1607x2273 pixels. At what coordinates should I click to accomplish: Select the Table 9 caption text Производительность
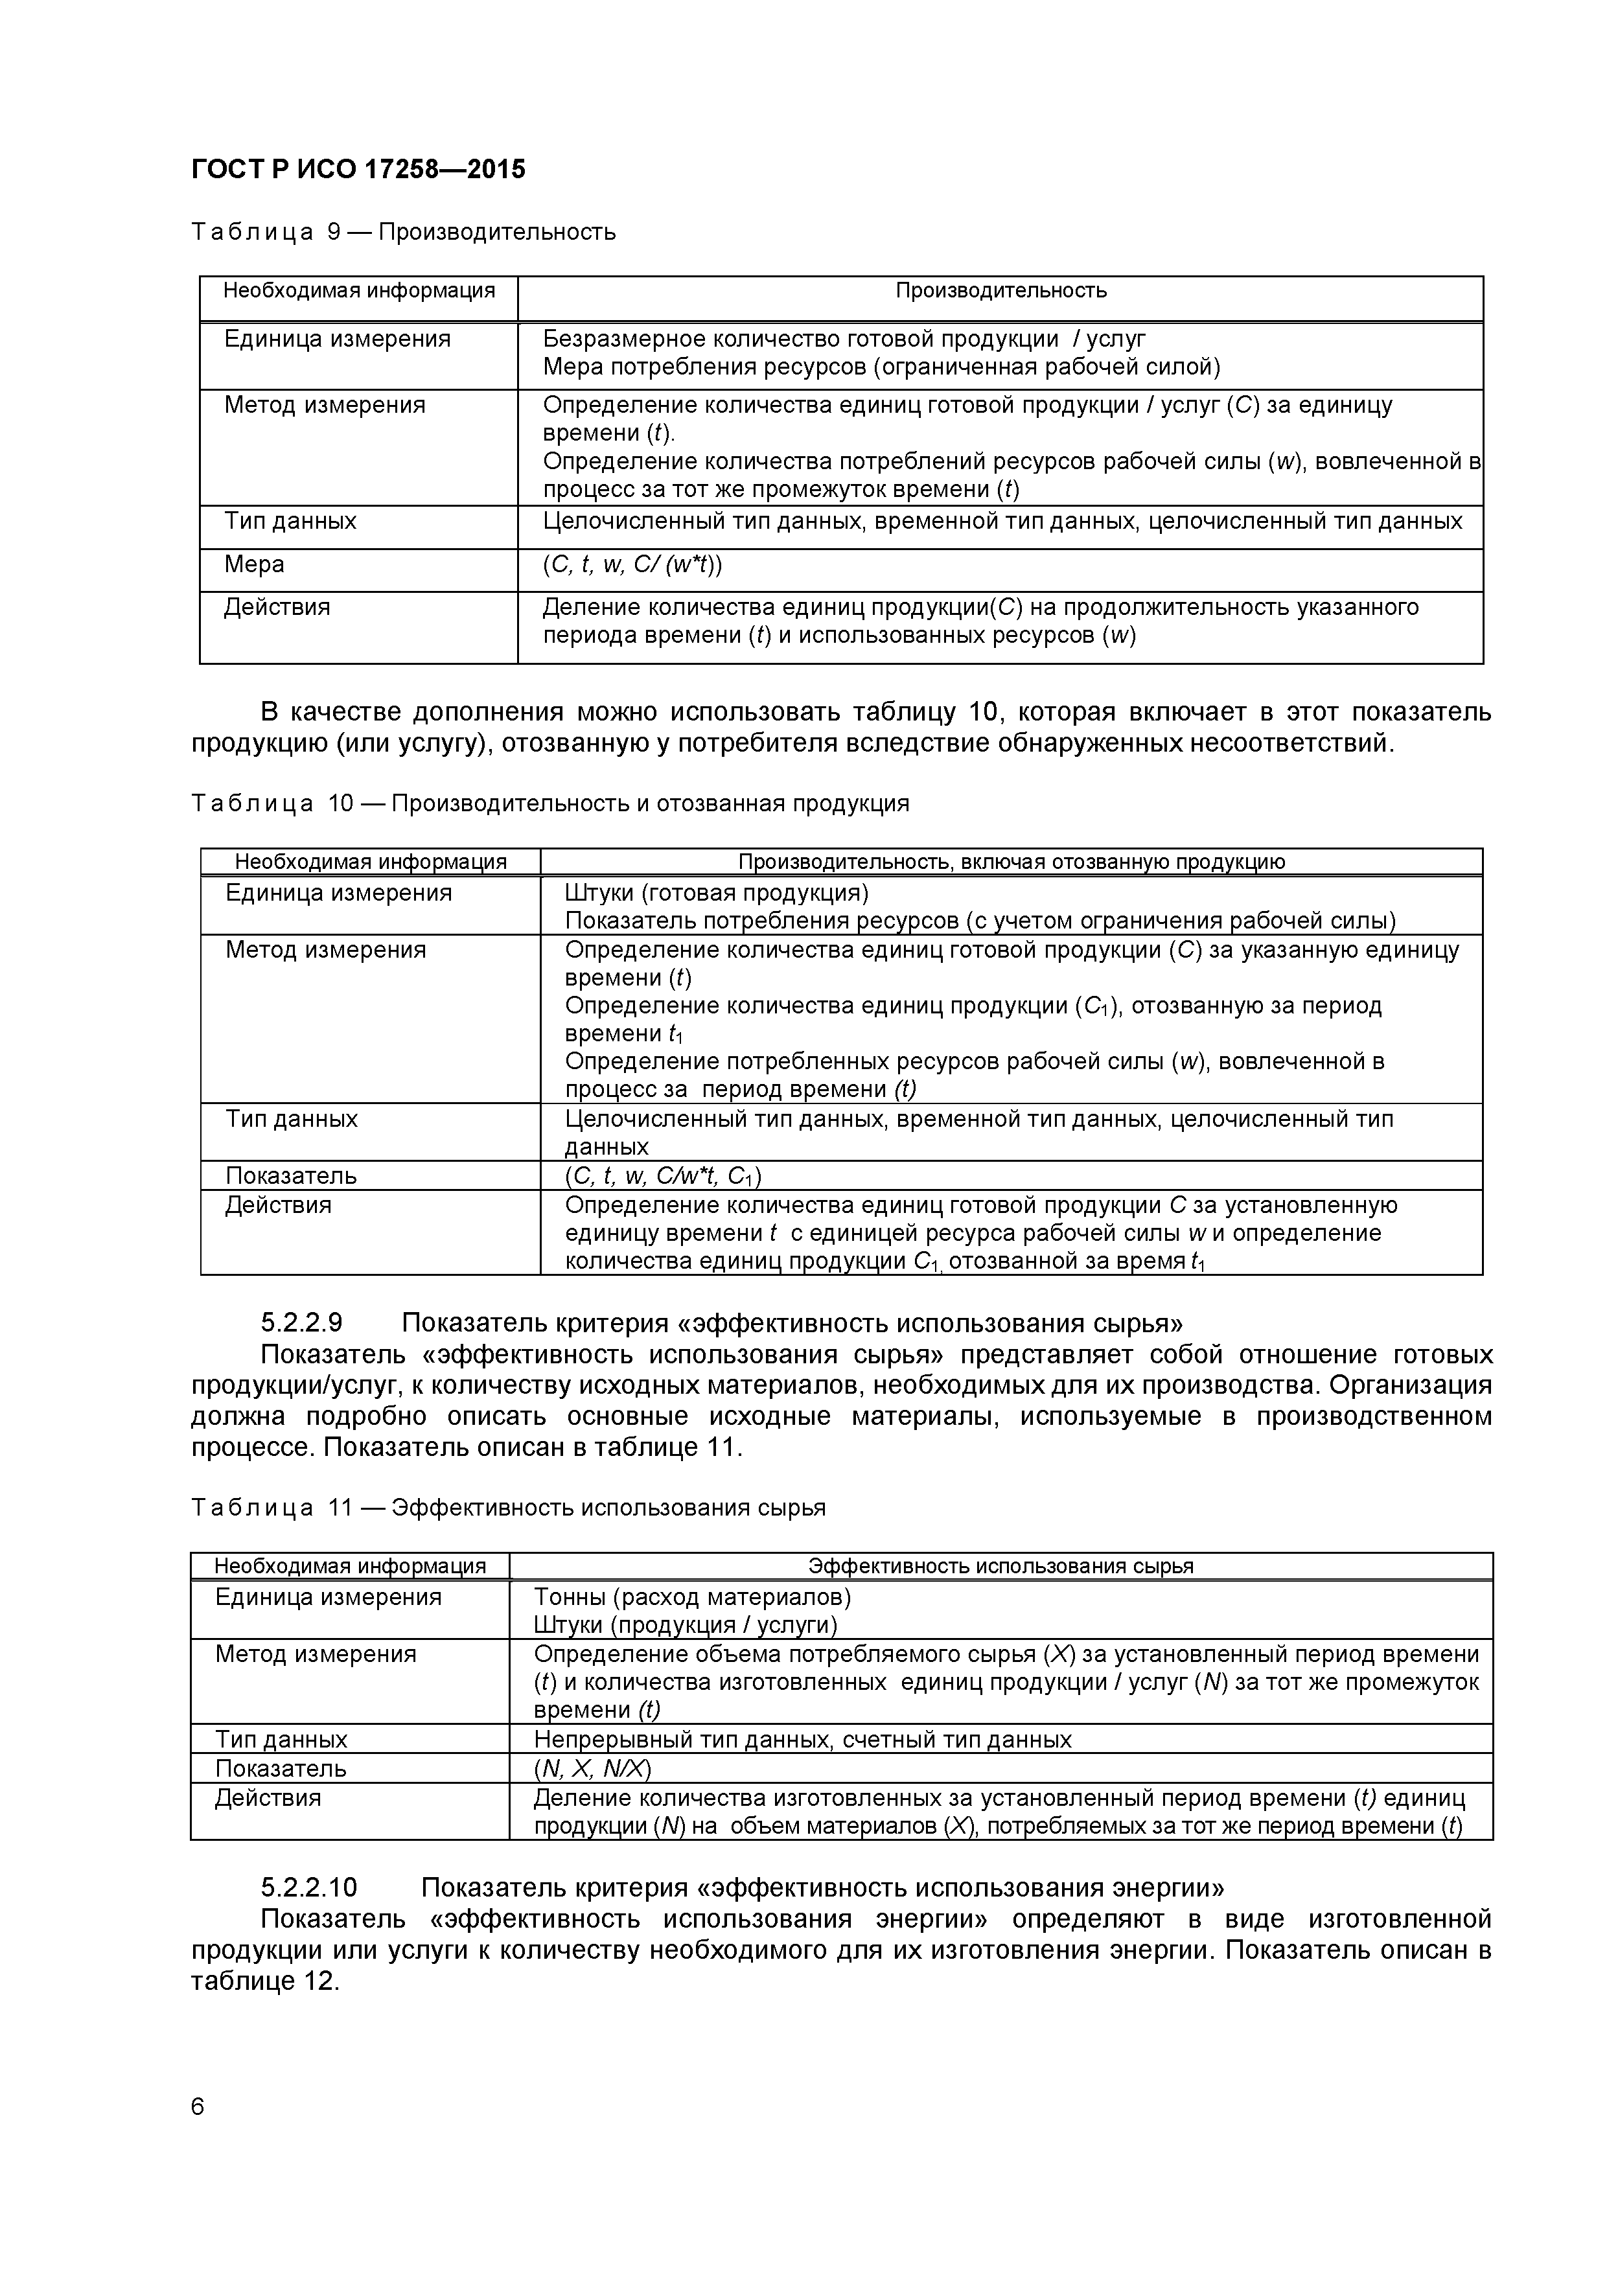click(497, 233)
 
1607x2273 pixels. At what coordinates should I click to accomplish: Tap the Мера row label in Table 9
click(255, 564)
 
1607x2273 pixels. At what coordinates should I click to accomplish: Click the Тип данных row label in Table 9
click(290, 522)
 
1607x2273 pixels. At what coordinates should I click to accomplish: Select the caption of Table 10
click(549, 804)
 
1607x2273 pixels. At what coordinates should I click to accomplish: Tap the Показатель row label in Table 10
click(291, 1176)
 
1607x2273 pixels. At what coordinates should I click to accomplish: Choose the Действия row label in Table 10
click(278, 1206)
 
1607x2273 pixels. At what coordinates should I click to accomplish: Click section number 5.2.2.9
click(301, 1324)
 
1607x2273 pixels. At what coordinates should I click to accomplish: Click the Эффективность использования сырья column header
click(1000, 1566)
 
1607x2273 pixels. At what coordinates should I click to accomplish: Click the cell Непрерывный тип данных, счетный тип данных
click(802, 1739)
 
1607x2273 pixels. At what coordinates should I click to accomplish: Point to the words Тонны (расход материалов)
click(692, 1597)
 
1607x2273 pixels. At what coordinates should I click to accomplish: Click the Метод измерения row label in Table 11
click(316, 1654)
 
